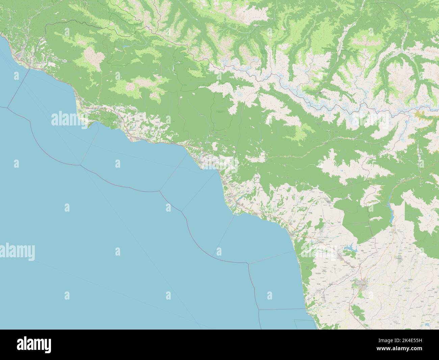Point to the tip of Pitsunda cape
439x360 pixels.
tap(90, 127)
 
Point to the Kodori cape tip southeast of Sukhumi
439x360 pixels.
tap(233, 213)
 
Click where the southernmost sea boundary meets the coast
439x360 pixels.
tap(306, 309)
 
